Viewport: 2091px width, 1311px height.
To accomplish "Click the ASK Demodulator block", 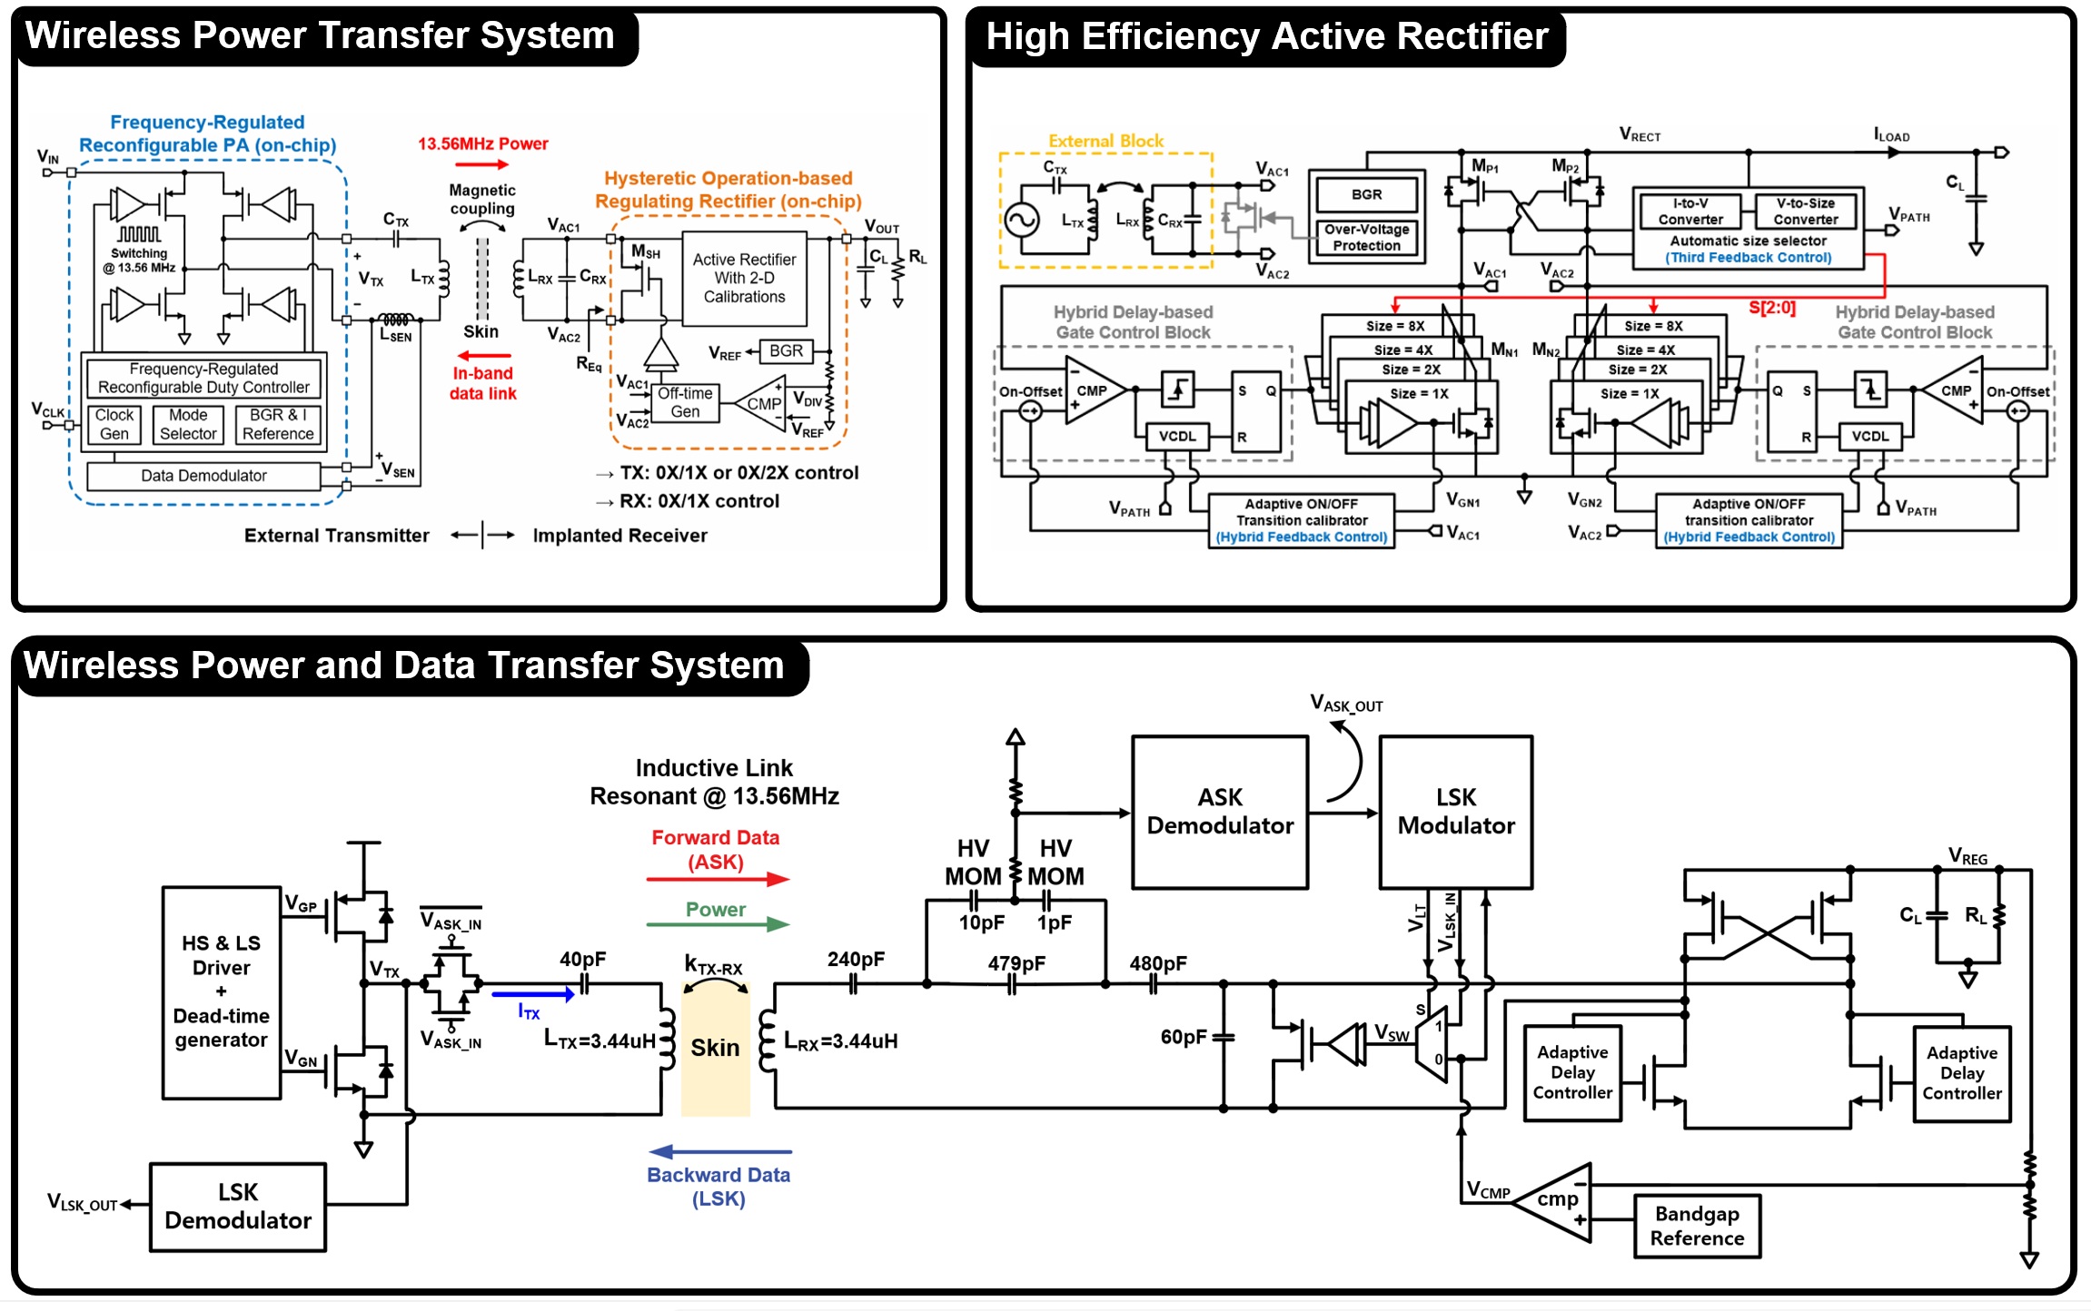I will click(x=1219, y=812).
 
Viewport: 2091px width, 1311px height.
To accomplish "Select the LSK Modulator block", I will click(x=1455, y=812).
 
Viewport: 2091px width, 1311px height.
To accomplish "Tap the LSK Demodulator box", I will click(x=237, y=1207).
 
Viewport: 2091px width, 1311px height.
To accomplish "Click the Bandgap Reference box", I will click(x=1696, y=1226).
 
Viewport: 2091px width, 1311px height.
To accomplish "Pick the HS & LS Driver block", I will click(x=221, y=992).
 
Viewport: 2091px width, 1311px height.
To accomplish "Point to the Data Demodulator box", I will click(x=203, y=476).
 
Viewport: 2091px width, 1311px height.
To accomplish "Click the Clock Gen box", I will click(x=114, y=425).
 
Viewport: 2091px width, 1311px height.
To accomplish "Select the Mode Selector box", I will click(x=188, y=425).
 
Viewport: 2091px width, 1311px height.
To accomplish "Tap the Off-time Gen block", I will click(x=686, y=402).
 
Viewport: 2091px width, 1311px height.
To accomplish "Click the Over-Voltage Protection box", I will click(x=1366, y=238).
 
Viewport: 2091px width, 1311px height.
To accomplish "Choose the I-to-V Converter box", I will click(x=1690, y=212).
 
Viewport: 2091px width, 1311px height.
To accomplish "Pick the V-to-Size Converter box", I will click(x=1805, y=212).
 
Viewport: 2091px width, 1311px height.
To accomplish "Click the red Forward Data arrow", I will click(x=717, y=879).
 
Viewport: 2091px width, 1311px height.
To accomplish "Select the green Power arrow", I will click(x=717, y=924).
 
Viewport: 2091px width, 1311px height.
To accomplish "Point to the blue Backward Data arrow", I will click(x=720, y=1151).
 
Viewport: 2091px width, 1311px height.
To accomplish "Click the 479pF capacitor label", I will click(x=1016, y=964).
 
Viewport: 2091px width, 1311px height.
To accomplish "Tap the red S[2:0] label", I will click(x=1771, y=308).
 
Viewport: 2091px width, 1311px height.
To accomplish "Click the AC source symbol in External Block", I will click(x=1021, y=220).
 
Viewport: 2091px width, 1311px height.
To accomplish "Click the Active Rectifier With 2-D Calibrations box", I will click(x=744, y=279).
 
